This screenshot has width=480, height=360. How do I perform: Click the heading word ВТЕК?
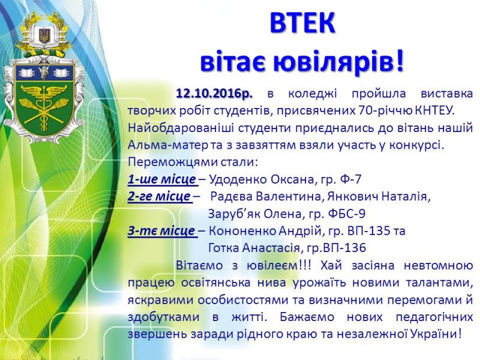pos(302,23)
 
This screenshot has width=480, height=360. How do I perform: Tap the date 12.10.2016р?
pos(214,94)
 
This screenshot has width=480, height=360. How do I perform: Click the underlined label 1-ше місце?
pos(161,179)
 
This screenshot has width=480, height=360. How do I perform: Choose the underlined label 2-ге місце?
pos(159,196)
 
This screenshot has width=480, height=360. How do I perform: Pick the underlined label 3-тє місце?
pos(161,230)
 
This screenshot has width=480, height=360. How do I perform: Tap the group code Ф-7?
pos(350,179)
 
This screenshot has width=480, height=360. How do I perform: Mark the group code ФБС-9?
pos(347,214)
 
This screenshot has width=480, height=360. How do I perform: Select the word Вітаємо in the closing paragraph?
pos(199,265)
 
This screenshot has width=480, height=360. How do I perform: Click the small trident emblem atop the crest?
pos(44,35)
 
